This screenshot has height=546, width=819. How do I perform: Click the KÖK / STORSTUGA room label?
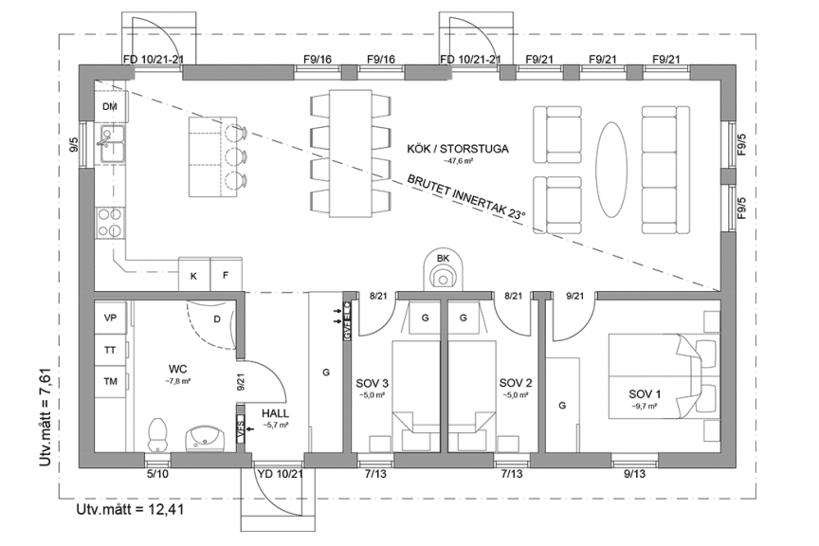click(457, 149)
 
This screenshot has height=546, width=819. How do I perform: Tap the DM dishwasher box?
click(110, 107)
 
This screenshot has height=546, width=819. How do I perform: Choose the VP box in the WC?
click(110, 318)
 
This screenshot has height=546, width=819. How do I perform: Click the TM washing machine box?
click(110, 381)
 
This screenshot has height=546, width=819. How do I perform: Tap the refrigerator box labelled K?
click(193, 276)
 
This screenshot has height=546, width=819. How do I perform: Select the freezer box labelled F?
click(226, 276)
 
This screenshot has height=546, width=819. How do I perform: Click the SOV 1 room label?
click(647, 392)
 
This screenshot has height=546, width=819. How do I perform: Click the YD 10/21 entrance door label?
click(280, 473)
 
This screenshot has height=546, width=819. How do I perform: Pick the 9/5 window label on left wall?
click(74, 147)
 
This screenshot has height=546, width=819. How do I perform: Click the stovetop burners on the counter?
click(110, 222)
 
